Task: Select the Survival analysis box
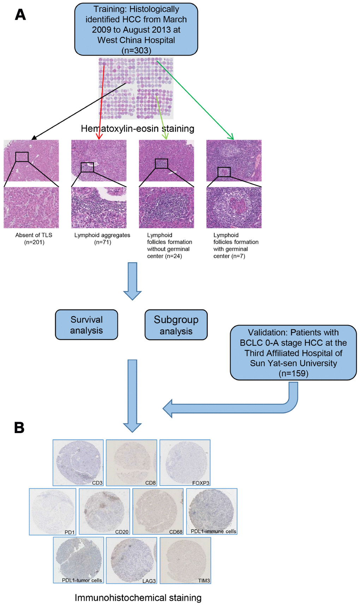(86, 325)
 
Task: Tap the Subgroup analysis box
(176, 325)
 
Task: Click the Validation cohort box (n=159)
(293, 353)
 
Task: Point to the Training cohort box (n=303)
(136, 29)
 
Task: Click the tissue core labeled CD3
(78, 462)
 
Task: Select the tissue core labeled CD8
(131, 462)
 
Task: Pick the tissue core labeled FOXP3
(185, 462)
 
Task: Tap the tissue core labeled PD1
(53, 511)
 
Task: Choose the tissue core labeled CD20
(104, 511)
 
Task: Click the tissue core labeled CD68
(158, 511)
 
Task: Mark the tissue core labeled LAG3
(131, 560)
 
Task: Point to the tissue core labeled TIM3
(185, 560)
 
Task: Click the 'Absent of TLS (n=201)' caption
(34, 239)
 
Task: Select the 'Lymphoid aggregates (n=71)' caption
(102, 239)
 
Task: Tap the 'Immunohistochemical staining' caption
(138, 598)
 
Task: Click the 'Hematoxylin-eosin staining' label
(138, 128)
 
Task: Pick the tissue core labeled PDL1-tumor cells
(78, 560)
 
